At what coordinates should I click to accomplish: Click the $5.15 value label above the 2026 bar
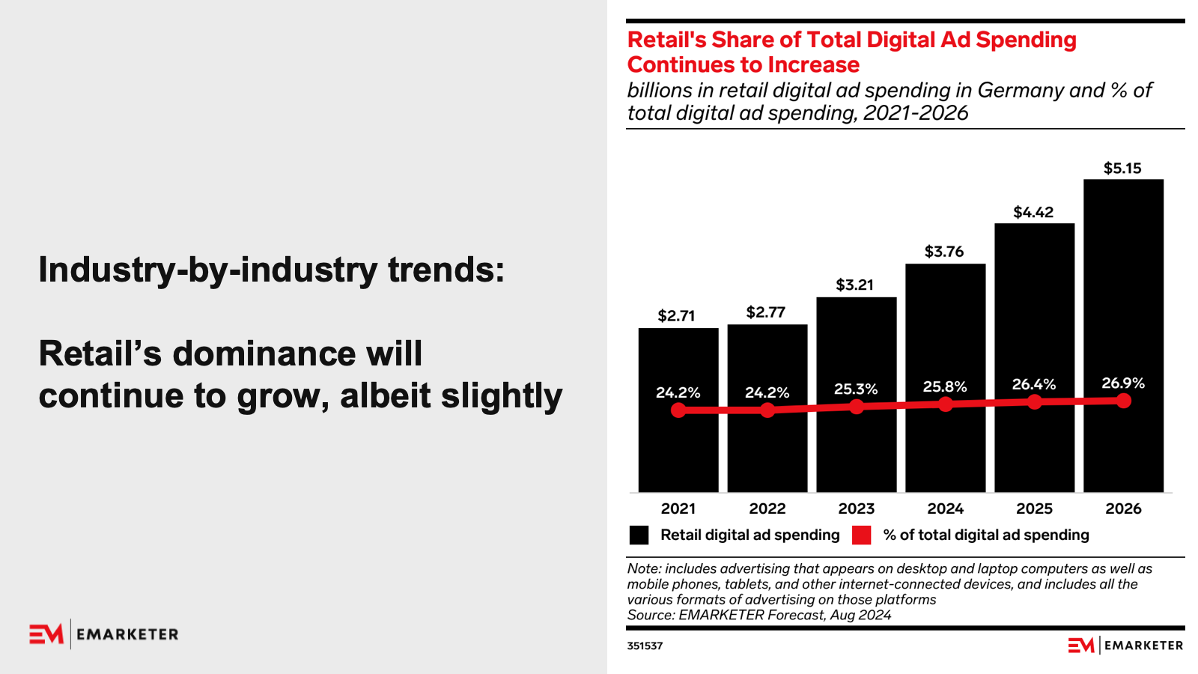1122,168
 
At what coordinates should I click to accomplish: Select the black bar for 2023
856,449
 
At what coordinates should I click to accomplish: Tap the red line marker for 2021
678,410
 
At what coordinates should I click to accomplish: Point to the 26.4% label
1034,385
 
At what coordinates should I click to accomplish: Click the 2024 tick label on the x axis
945,509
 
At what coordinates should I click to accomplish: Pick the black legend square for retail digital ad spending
639,535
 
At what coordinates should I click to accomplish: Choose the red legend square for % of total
862,535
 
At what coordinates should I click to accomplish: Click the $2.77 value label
766,312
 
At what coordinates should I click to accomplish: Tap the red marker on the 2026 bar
1123,401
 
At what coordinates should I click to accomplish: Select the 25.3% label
856,389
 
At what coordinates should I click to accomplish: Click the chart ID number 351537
645,646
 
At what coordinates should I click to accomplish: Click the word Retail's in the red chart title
666,40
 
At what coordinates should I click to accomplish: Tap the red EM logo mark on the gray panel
46,634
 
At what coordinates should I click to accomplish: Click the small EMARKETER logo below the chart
1125,646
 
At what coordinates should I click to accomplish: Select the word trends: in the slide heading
446,270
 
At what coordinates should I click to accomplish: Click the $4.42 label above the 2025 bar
1033,213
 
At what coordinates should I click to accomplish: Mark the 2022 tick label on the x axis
767,509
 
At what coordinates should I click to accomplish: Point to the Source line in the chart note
759,616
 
